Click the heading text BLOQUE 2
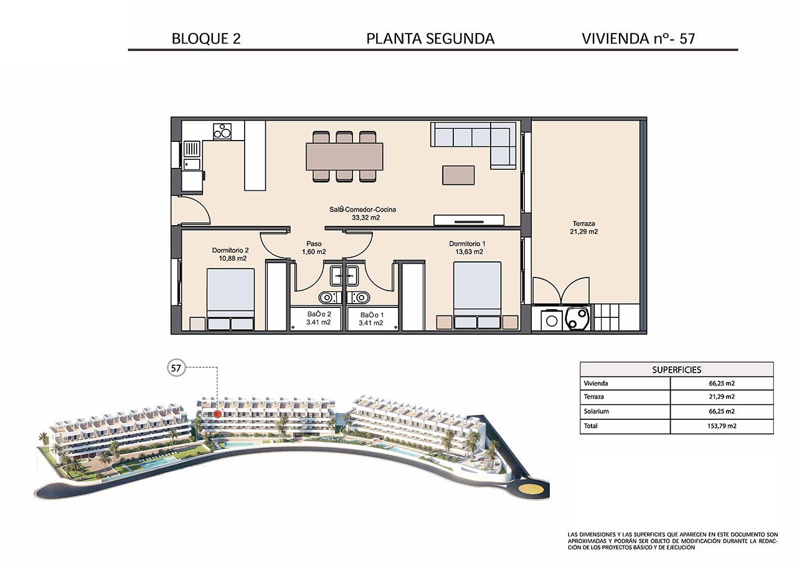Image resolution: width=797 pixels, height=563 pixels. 205,39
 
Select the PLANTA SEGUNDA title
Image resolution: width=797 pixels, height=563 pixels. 430,39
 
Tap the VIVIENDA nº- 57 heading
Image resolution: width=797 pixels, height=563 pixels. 638,39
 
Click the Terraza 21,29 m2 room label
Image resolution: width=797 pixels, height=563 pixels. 585,228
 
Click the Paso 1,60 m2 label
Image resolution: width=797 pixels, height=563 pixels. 314,248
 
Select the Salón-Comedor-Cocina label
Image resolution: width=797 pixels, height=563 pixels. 363,214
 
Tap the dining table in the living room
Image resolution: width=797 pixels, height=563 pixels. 344,156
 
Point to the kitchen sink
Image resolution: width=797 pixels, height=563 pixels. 191,155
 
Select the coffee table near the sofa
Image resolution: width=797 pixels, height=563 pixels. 458,175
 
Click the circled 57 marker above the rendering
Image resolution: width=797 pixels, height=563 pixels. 176,368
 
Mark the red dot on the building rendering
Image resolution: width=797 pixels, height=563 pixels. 217,413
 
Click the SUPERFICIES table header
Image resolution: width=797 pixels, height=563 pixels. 676,369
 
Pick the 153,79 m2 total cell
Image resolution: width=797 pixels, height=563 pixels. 721,427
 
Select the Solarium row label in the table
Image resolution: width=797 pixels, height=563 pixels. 596,412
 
